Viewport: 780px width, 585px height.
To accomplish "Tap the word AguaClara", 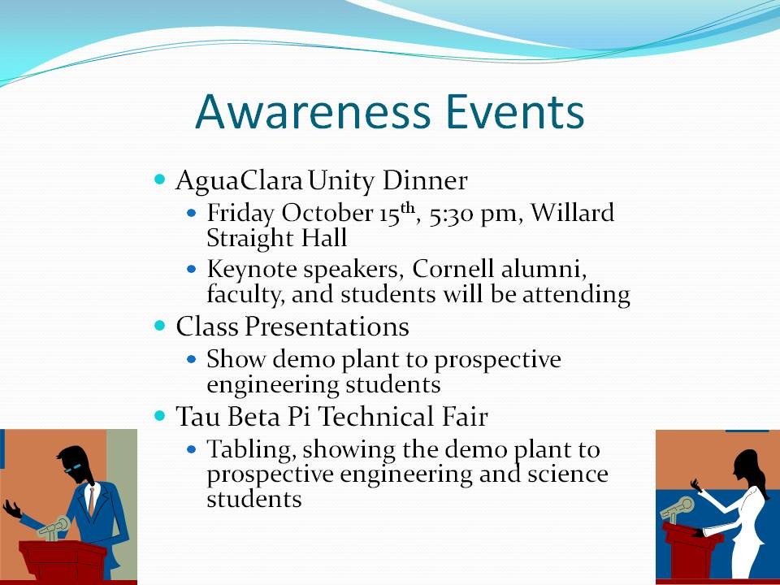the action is tap(239, 180).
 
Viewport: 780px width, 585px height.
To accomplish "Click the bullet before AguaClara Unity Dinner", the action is tap(159, 179).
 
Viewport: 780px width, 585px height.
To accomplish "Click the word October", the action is tap(327, 213).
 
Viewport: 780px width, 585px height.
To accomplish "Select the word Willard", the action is tap(573, 212).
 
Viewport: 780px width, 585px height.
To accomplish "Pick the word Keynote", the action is tap(251, 270).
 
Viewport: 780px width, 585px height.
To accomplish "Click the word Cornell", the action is tap(453, 269).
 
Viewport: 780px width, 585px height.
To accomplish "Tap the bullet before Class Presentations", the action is tap(159, 326).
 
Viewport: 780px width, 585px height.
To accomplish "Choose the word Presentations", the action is tap(327, 327).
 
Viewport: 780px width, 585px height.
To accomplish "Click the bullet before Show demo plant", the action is tap(192, 358).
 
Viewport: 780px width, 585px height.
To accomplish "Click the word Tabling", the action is tap(252, 449).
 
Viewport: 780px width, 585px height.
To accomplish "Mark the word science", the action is tap(568, 473).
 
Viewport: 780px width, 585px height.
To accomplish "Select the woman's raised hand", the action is tap(695, 485).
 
